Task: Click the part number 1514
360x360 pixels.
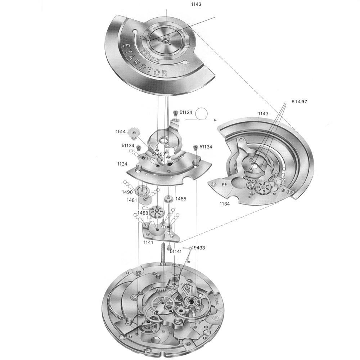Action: [121, 132]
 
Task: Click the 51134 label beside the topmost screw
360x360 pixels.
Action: [186, 113]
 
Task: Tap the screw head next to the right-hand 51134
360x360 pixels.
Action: [195, 148]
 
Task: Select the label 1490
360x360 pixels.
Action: [127, 192]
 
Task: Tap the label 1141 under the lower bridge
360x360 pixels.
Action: [149, 243]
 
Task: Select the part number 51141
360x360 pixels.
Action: [176, 252]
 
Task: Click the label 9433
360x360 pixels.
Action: [199, 248]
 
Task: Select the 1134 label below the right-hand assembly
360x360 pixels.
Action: [223, 204]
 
